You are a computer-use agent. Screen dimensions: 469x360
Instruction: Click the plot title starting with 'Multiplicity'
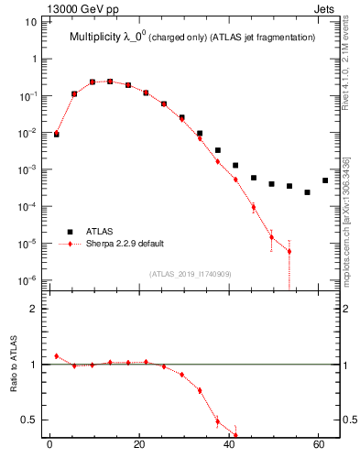pyautogui.click(x=192, y=37)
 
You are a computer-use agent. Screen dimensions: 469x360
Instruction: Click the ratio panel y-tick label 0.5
pyautogui.click(x=28, y=420)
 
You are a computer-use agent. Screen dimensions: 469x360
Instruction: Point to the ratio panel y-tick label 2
pyautogui.click(x=32, y=309)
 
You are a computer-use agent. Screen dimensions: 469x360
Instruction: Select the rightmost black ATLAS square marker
pyautogui.click(x=325, y=180)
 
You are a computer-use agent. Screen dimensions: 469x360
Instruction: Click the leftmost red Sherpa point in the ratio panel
pyautogui.click(x=57, y=356)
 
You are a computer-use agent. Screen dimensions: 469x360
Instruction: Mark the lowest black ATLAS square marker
pyautogui.click(x=307, y=192)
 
